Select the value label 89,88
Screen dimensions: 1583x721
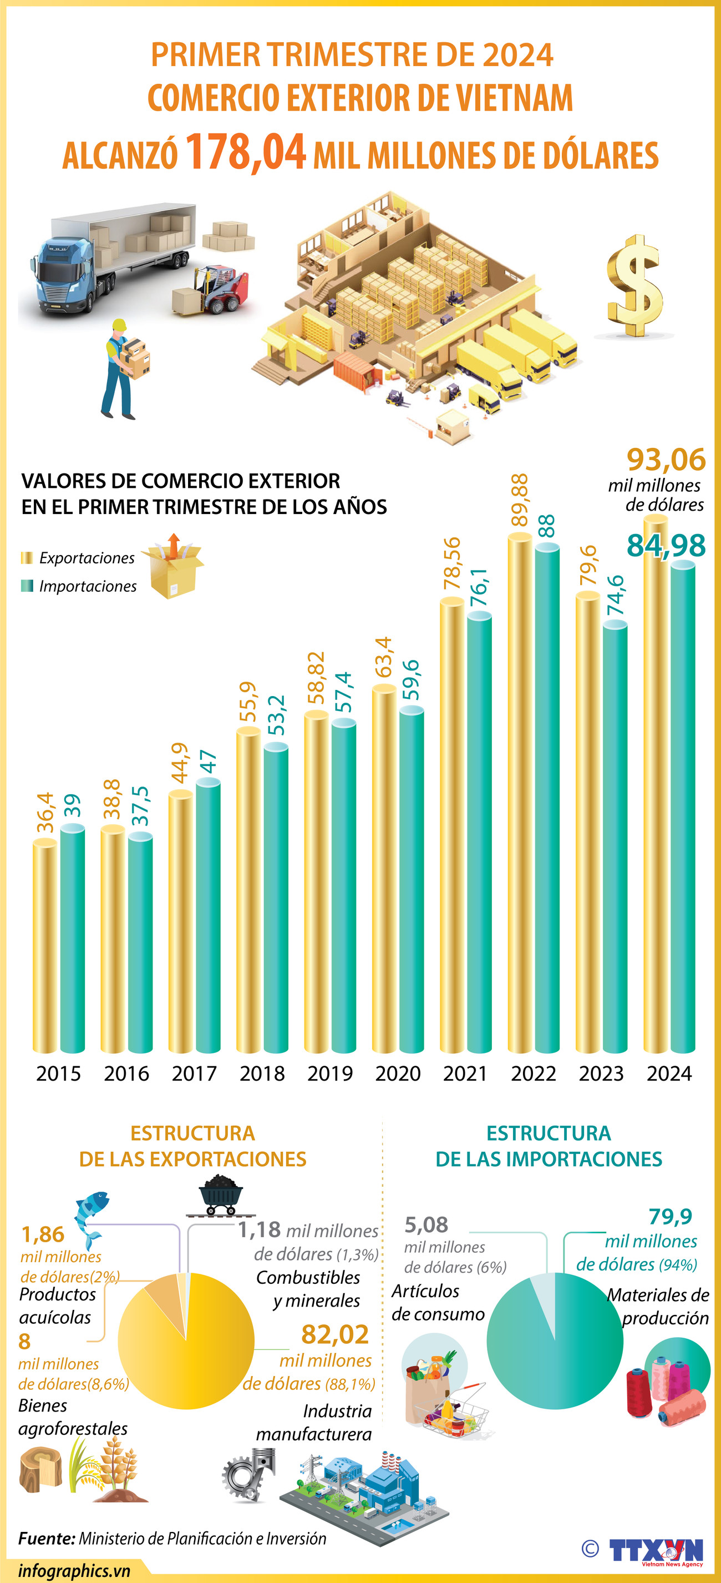coord(520,500)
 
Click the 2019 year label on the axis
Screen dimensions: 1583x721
coord(330,1073)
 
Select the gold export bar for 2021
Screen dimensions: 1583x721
coord(451,824)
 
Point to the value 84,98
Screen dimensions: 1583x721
coord(666,545)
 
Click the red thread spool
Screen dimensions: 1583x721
coord(639,1392)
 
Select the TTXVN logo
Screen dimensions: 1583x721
coord(656,1549)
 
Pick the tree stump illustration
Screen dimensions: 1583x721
coord(40,1470)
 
